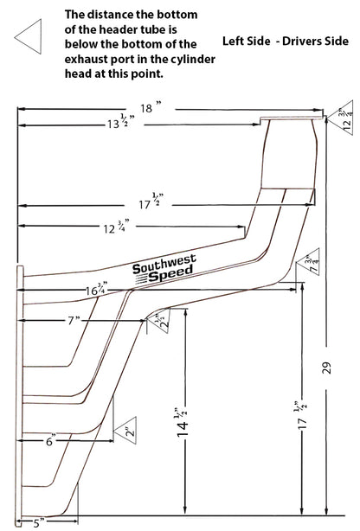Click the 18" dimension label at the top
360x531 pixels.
151,108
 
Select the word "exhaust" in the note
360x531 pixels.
86,59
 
